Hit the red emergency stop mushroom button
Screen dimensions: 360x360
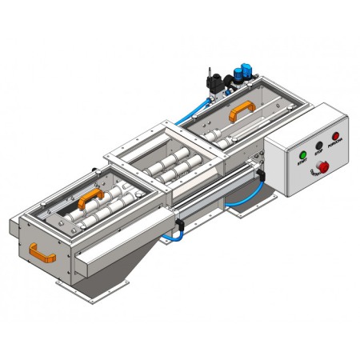[x=324, y=166]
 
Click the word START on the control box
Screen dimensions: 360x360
[x=302, y=162]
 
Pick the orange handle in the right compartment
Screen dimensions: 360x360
[x=240, y=113]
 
